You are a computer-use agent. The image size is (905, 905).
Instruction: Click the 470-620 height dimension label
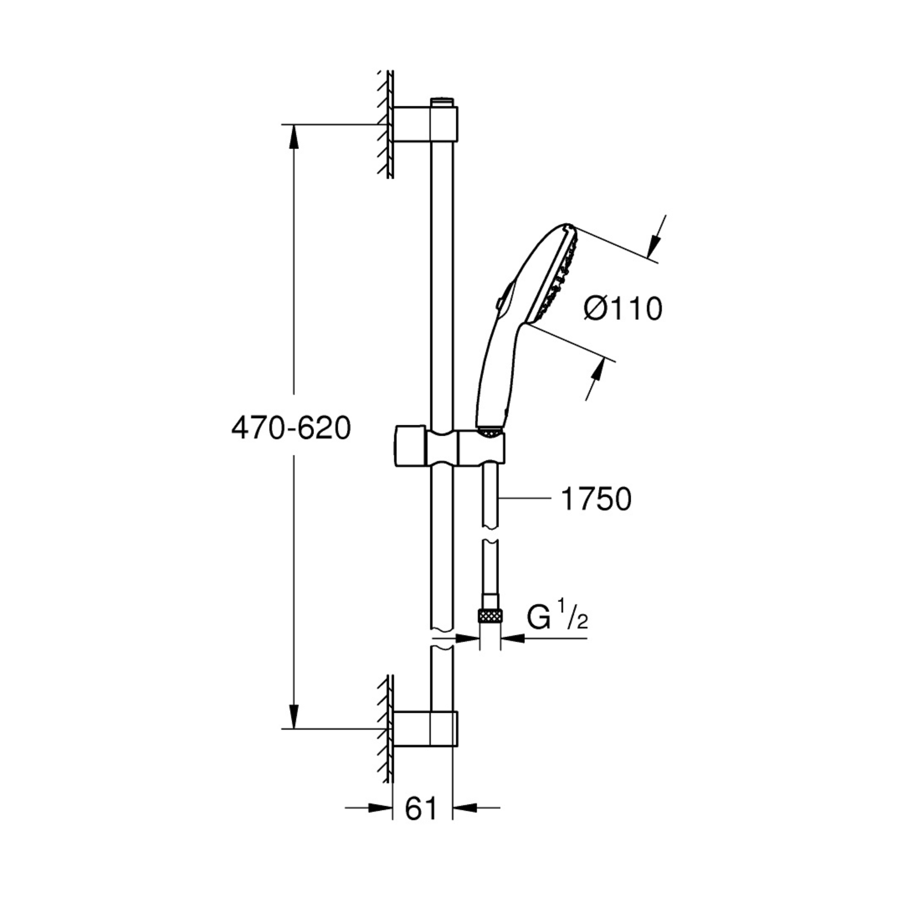(x=291, y=428)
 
